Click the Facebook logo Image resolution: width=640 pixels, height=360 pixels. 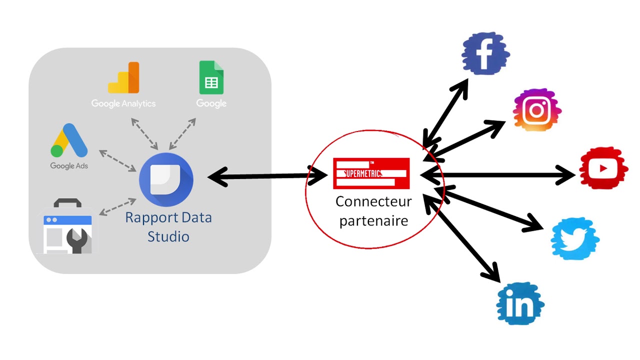pyautogui.click(x=484, y=54)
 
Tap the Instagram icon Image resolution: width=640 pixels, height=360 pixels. pyautogui.click(x=537, y=110)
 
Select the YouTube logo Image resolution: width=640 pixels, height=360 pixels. pyautogui.click(x=603, y=168)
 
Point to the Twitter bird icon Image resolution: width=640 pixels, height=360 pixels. pyautogui.click(x=575, y=238)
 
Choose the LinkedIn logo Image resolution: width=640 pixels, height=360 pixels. pyautogui.click(x=520, y=303)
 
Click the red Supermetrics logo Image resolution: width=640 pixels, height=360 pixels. pyautogui.click(x=371, y=173)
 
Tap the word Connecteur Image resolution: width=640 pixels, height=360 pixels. pyautogui.click(x=373, y=202)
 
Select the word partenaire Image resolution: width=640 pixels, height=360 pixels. pyautogui.click(x=373, y=220)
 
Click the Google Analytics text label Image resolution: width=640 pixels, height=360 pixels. pyautogui.click(x=123, y=103)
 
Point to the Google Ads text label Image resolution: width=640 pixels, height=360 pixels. pyautogui.click(x=69, y=166)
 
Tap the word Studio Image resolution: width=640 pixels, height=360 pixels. pyautogui.click(x=168, y=236)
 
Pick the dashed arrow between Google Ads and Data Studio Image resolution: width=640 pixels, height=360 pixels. pyautogui.click(x=118, y=160)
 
